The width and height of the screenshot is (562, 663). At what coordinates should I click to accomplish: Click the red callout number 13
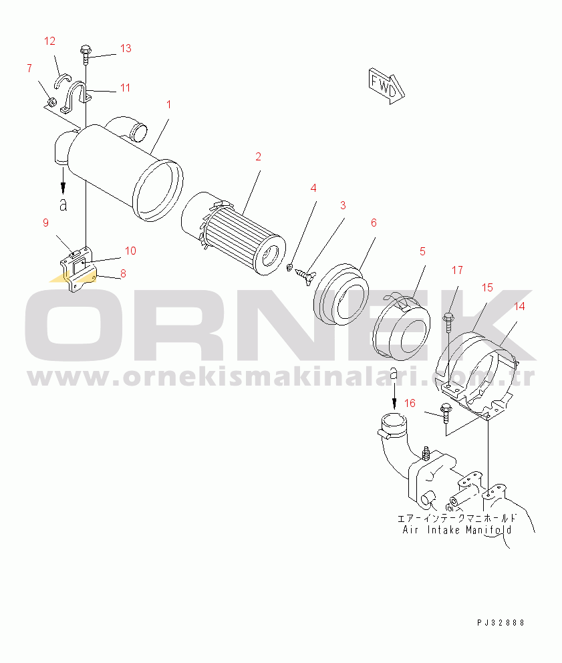[126, 48]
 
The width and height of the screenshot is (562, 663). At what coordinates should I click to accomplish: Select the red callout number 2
[259, 156]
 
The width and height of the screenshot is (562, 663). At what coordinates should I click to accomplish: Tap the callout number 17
[457, 270]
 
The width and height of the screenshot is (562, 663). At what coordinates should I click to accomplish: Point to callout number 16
[410, 403]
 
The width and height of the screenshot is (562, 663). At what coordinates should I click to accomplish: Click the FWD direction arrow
[386, 86]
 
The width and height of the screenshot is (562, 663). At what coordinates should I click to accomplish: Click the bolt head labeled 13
[86, 50]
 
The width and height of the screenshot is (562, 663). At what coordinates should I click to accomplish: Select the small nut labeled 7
[51, 102]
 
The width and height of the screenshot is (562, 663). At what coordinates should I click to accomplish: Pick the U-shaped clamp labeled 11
[76, 98]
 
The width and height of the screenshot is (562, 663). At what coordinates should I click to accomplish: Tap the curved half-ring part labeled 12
[64, 79]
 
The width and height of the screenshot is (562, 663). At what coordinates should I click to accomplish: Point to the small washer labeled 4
[290, 267]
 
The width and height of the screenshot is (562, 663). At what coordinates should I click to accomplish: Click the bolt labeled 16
[445, 412]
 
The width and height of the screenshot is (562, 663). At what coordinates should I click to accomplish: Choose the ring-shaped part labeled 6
[341, 294]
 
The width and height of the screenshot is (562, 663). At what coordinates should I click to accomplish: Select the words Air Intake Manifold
[456, 530]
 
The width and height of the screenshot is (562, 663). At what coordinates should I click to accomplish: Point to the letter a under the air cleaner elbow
[63, 205]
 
